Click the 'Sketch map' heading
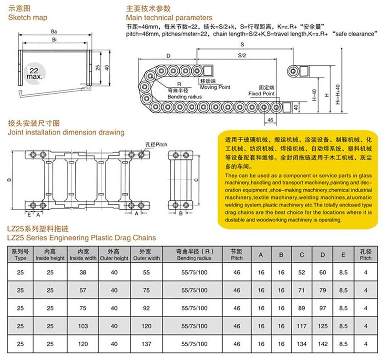click(x=28, y=17)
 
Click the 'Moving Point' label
click(x=215, y=87)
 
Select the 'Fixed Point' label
click(x=262, y=93)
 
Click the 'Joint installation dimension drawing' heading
click(x=66, y=132)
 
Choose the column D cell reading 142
click(x=322, y=344)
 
